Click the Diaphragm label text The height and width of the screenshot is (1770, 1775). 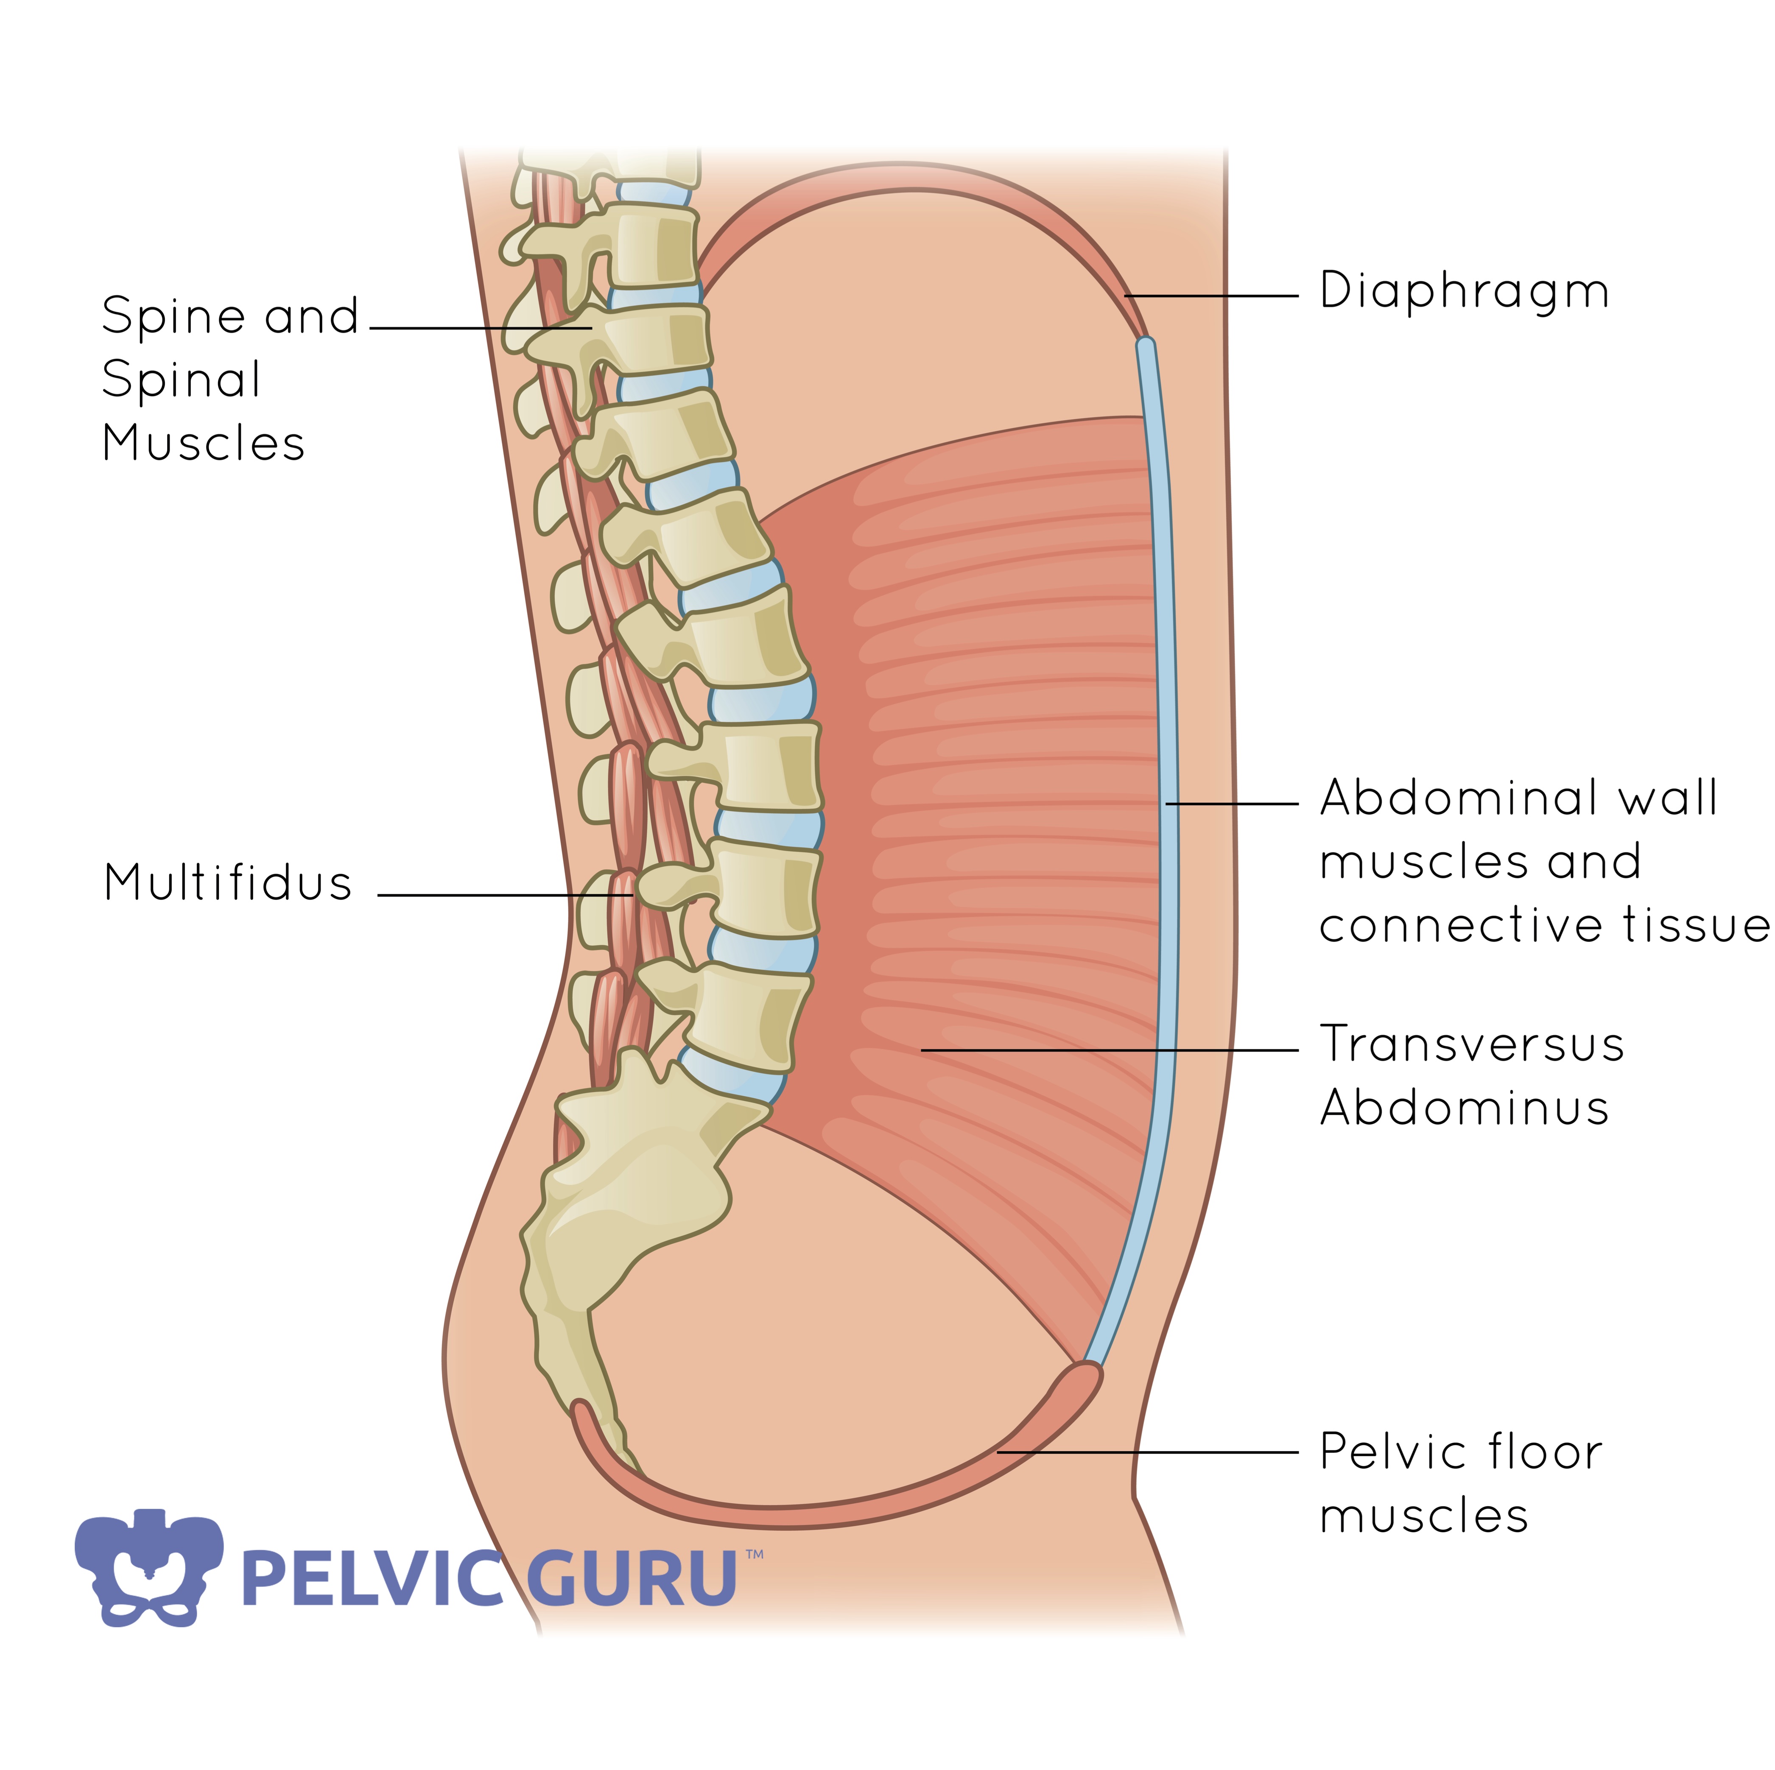(1464, 292)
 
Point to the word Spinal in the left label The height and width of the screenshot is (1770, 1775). (181, 380)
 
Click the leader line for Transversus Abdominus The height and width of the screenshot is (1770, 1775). (1102, 1050)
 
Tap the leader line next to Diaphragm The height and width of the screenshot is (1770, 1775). (1213, 296)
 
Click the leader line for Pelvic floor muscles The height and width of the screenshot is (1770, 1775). (1149, 1452)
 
